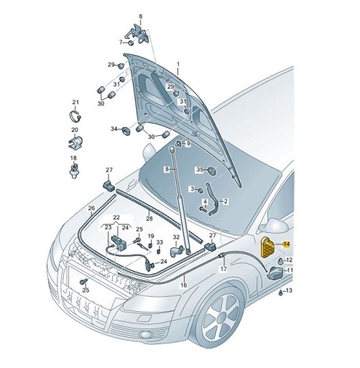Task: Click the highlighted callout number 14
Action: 287,244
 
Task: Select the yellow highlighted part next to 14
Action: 268,248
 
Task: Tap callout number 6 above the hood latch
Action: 141,17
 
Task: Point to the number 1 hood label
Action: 178,64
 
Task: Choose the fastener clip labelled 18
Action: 75,170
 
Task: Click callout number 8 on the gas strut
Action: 167,170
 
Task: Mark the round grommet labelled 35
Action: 211,171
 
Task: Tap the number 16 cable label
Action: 184,285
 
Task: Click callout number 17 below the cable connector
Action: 223,269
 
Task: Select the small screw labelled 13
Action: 281,293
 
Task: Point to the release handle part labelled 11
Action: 275,273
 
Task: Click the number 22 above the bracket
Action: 116,218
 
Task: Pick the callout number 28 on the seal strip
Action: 149,218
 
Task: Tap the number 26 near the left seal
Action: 91,208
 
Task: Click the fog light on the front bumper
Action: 145,334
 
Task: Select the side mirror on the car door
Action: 274,225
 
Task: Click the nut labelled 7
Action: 131,43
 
